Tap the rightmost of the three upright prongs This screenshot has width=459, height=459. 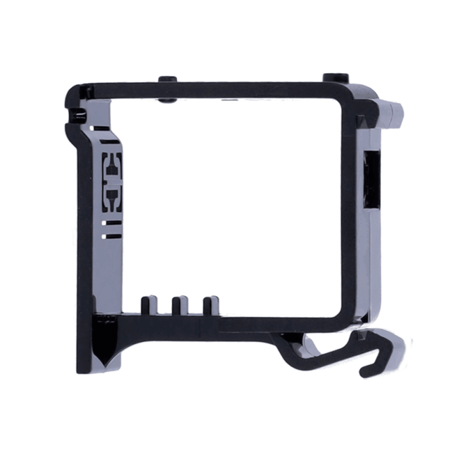pos(211,304)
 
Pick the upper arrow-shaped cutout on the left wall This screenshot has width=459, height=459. pos(112,167)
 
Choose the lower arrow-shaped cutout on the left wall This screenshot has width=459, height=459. pos(112,199)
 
